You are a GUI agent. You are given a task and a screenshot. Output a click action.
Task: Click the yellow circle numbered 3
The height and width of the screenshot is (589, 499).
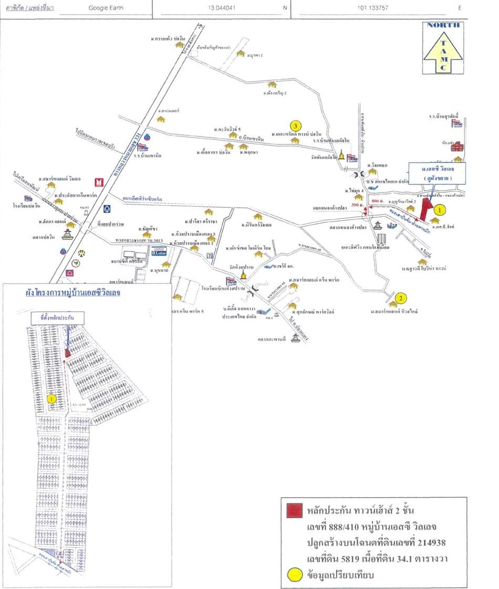tap(296, 126)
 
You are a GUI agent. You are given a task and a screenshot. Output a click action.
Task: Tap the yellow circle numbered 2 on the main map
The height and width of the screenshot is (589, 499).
tap(400, 299)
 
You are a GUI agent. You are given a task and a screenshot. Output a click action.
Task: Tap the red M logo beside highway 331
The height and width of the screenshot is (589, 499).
tap(98, 183)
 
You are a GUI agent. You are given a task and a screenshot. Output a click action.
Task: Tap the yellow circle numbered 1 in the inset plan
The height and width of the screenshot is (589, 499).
tap(51, 398)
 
